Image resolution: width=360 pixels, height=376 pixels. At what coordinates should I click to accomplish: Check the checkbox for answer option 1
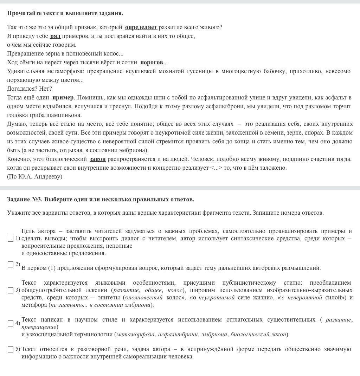[x=11, y=239]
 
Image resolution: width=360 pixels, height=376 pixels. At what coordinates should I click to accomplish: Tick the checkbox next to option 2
[x=11, y=265]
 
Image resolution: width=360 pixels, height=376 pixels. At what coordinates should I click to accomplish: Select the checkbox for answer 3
[x=11, y=291]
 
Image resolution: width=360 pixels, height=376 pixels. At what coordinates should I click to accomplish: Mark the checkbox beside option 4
[x=11, y=323]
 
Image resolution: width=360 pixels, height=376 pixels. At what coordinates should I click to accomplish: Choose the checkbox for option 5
[x=11, y=350]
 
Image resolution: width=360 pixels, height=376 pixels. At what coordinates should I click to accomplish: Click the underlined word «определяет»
[x=141, y=27]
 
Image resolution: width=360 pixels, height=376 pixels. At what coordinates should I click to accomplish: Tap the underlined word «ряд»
[x=55, y=36]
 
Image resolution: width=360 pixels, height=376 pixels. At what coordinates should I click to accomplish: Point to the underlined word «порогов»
[x=152, y=63]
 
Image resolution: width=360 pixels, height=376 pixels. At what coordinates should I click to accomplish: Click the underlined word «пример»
[x=63, y=98]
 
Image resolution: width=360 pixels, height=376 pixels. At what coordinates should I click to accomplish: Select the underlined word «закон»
[x=98, y=159]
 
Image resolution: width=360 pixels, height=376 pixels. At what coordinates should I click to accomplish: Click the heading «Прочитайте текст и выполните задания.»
[x=65, y=13]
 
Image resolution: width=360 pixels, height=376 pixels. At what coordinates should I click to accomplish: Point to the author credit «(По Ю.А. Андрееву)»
[x=34, y=177]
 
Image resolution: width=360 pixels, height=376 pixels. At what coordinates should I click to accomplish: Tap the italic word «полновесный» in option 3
[x=146, y=298]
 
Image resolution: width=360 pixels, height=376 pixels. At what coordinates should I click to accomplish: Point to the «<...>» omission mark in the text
[x=216, y=168]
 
